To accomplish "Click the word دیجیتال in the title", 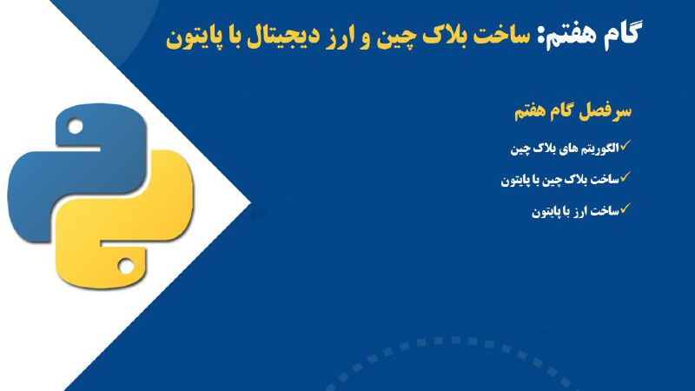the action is tap(277, 36).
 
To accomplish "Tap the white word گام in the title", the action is tap(621, 34).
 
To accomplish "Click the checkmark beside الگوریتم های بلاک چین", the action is tap(625, 145).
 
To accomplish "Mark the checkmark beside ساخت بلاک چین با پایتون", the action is tap(625, 177).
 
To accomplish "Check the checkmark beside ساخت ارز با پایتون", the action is tap(625, 208).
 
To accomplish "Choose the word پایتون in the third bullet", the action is tap(545, 212).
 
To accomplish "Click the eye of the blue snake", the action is tap(76, 127).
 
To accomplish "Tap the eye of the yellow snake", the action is tap(125, 266).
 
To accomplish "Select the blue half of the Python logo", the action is tap(76, 173).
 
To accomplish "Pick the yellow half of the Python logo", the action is tap(125, 219).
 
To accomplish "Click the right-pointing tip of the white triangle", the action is tap(250, 203).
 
